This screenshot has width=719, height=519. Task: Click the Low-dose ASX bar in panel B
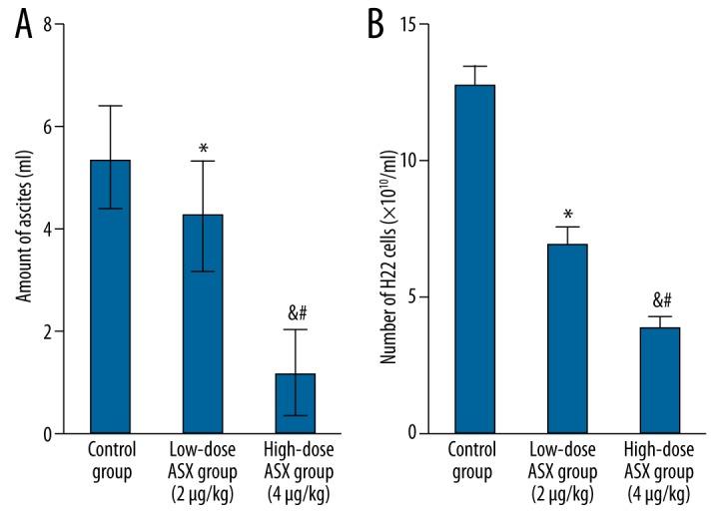567,338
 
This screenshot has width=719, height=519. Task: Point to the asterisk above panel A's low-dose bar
203,148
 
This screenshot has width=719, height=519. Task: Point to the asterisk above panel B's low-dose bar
567,215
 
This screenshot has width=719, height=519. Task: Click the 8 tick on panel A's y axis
46,24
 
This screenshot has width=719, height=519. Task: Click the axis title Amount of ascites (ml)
22,230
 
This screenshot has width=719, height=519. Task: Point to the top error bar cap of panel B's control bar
474,66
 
